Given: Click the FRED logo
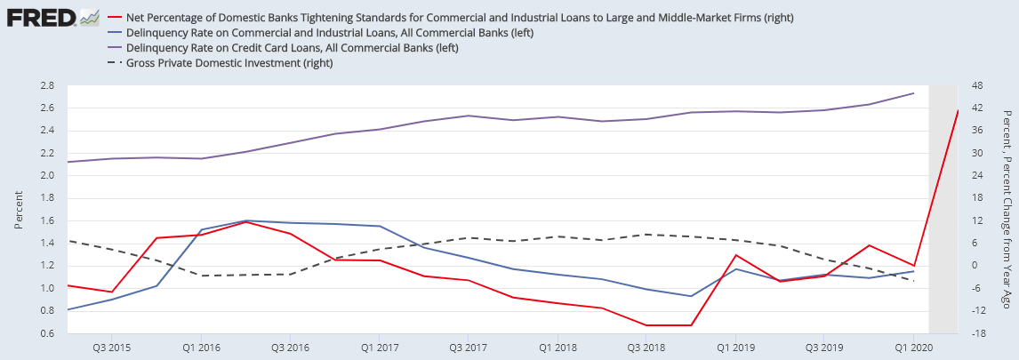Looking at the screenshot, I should (x=41, y=17).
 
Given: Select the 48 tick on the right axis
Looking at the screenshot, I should (x=977, y=85).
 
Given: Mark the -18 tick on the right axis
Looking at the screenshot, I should (x=977, y=333).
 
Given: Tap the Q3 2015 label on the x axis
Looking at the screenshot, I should (x=112, y=346).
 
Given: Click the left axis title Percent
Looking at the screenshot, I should (x=19, y=209).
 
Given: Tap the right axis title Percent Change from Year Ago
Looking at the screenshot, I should (x=1007, y=210).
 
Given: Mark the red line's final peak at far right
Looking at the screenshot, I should (x=958, y=110).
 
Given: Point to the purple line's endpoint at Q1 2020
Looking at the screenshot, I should (x=914, y=93).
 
